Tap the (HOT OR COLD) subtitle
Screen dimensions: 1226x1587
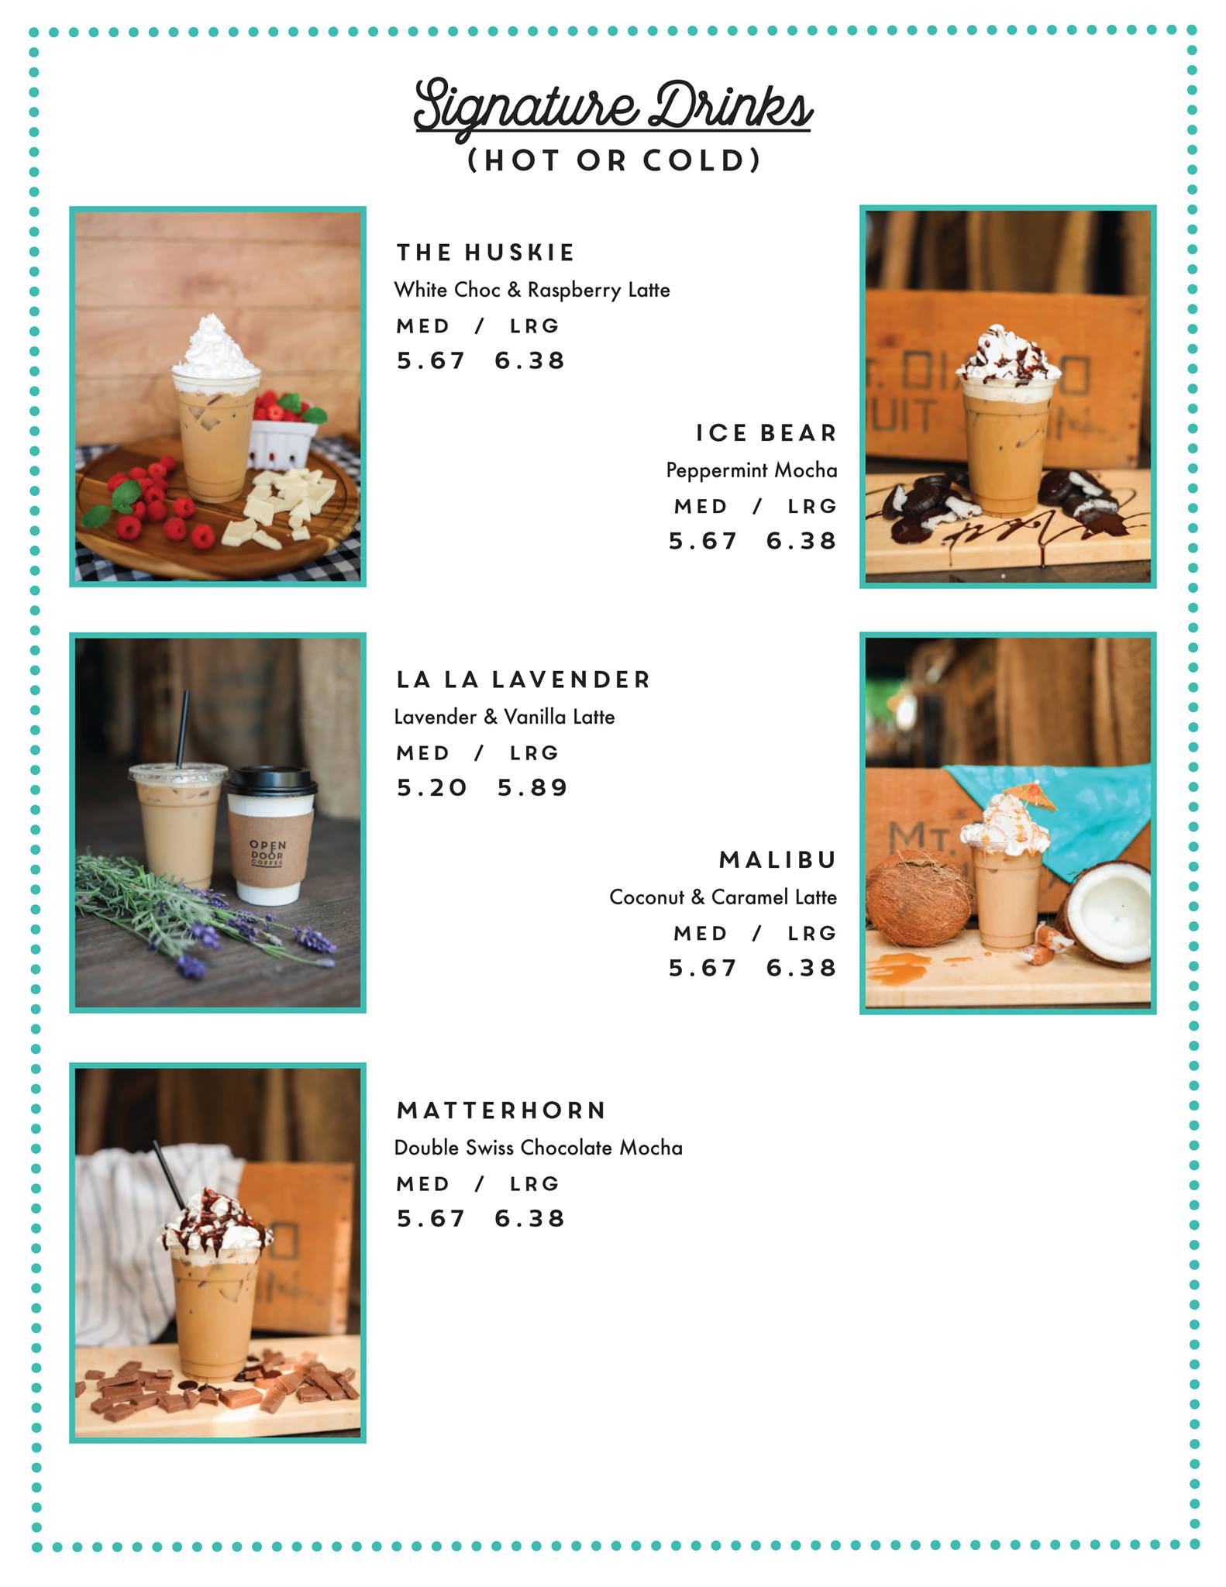pyautogui.click(x=614, y=160)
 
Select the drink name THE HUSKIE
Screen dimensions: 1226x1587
pyautogui.click(x=485, y=253)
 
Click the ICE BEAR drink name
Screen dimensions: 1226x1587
pyautogui.click(x=766, y=433)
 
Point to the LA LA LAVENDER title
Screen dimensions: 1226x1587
pyautogui.click(x=523, y=680)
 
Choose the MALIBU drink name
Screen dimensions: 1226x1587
pyautogui.click(x=777, y=860)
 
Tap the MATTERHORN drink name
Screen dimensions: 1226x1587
pyautogui.click(x=501, y=1110)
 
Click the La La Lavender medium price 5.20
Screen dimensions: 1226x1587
pyautogui.click(x=432, y=788)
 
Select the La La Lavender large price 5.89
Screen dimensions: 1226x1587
pyautogui.click(x=532, y=788)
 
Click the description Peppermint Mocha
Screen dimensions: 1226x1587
pyautogui.click(x=752, y=470)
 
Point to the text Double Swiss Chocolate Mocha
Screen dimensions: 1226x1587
pyautogui.click(x=539, y=1148)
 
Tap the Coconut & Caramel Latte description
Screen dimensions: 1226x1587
pyautogui.click(x=723, y=897)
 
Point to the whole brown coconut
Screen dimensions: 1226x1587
pyautogui.click(x=919, y=898)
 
